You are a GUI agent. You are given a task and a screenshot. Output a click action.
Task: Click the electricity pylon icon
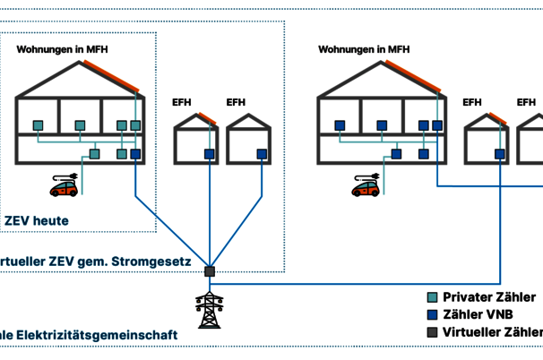pos(210,309)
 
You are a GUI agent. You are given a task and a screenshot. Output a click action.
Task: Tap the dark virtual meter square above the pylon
pos(210,270)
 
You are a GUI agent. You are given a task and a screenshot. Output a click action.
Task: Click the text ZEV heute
pos(37,220)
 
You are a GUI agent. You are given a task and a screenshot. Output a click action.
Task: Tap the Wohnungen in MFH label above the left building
pos(62,49)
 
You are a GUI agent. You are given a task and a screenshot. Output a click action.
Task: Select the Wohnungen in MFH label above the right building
pos(364,49)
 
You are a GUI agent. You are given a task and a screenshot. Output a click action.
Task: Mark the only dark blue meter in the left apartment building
pos(135,154)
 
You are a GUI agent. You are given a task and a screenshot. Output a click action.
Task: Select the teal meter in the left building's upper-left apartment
pos(39,125)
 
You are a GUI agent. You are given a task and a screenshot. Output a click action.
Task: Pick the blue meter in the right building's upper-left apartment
pos(340,125)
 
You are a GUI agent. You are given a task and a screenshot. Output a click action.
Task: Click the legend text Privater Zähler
pos(492,297)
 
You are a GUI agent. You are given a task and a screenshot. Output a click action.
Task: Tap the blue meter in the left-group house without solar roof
pos(262,154)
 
